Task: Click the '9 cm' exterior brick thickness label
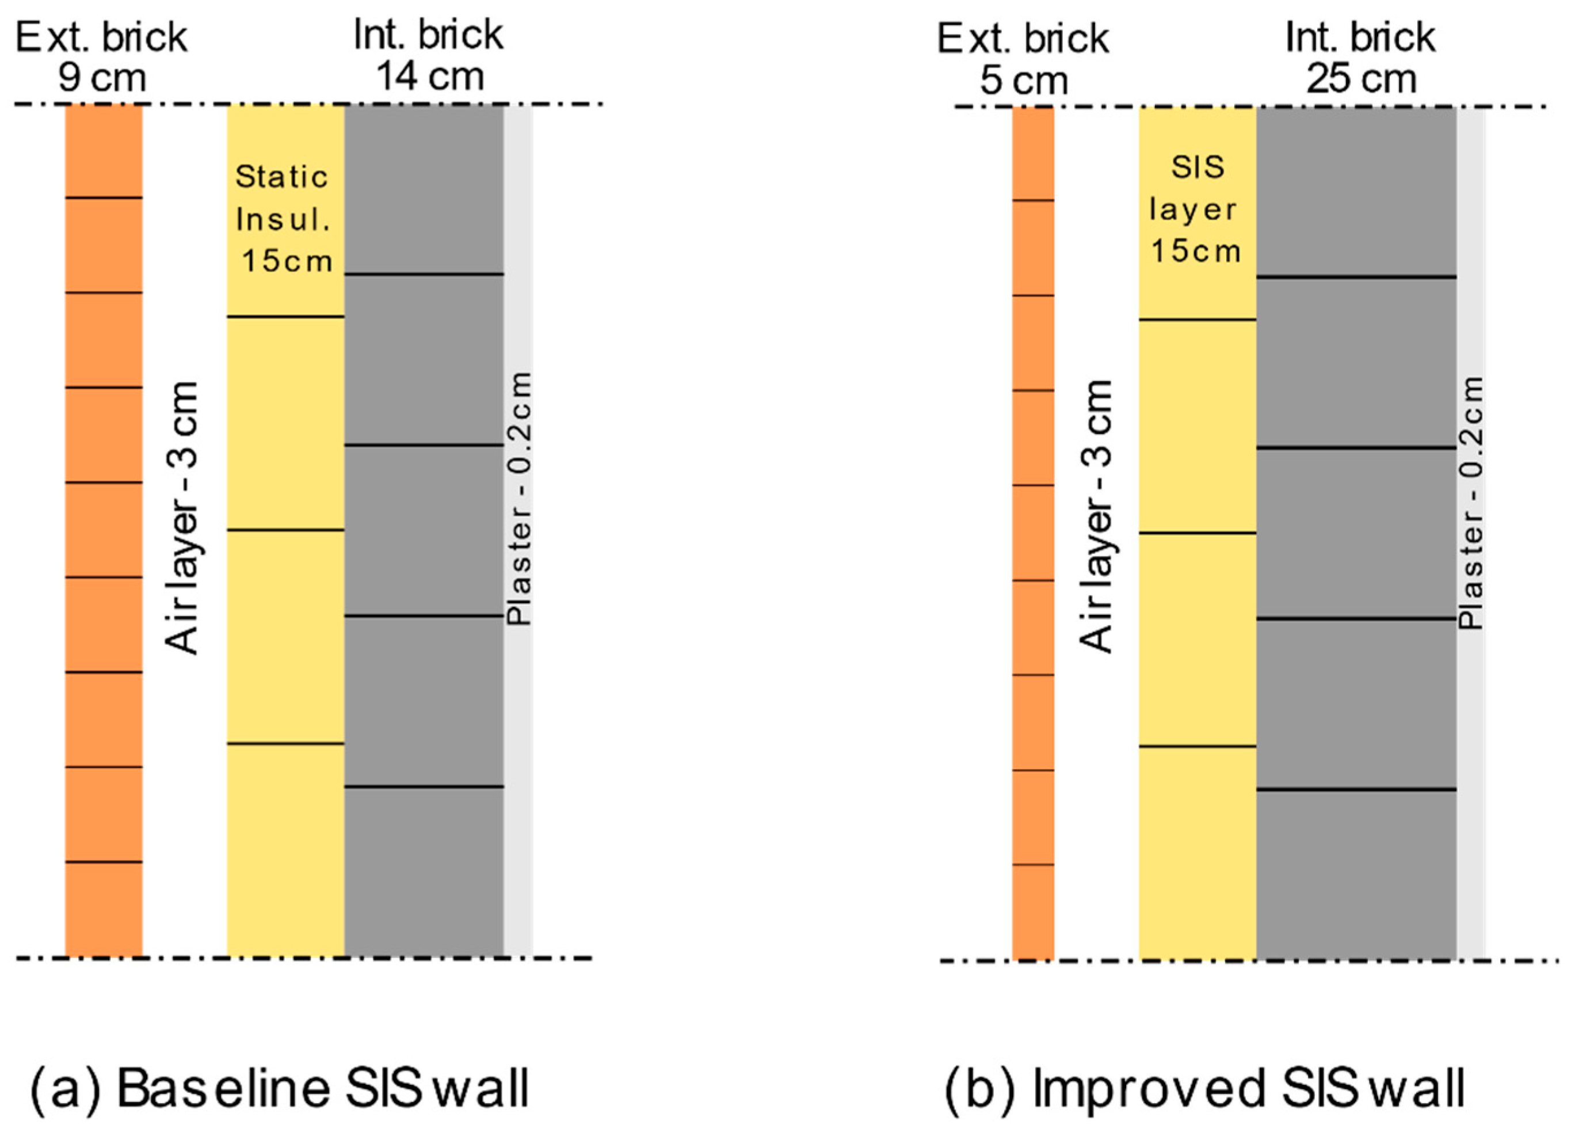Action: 102,78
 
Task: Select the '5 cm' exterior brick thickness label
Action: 1023,81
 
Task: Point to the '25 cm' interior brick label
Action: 1361,79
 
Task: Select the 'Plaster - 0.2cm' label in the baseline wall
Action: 520,499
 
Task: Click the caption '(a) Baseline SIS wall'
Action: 280,1088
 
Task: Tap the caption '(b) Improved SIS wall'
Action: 1205,1088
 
